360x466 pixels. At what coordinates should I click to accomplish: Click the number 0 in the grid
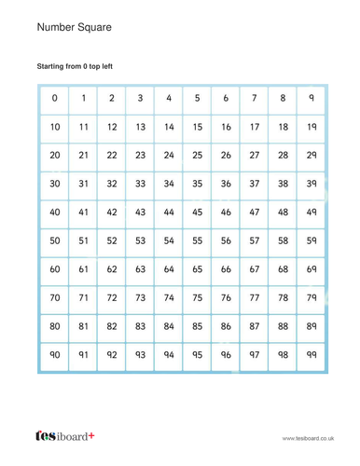55,97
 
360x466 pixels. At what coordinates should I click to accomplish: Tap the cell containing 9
311,97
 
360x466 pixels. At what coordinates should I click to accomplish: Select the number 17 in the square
254,126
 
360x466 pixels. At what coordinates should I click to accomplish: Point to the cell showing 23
140,155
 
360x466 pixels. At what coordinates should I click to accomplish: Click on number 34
169,184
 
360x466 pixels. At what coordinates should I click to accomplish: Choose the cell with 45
197,212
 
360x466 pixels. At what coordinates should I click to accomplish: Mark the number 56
226,240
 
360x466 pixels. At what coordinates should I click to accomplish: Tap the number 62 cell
112,269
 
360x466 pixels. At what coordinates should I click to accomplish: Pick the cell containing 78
283,298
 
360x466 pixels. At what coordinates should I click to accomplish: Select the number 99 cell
311,355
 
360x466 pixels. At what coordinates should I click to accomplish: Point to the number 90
55,355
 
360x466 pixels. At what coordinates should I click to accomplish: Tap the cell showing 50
55,240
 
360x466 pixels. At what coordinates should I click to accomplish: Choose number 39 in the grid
311,184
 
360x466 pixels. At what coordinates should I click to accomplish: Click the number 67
254,269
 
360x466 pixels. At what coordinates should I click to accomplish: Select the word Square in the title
99,28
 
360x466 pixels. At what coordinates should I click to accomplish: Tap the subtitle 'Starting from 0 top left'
80,67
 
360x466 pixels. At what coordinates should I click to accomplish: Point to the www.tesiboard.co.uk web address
309,436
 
